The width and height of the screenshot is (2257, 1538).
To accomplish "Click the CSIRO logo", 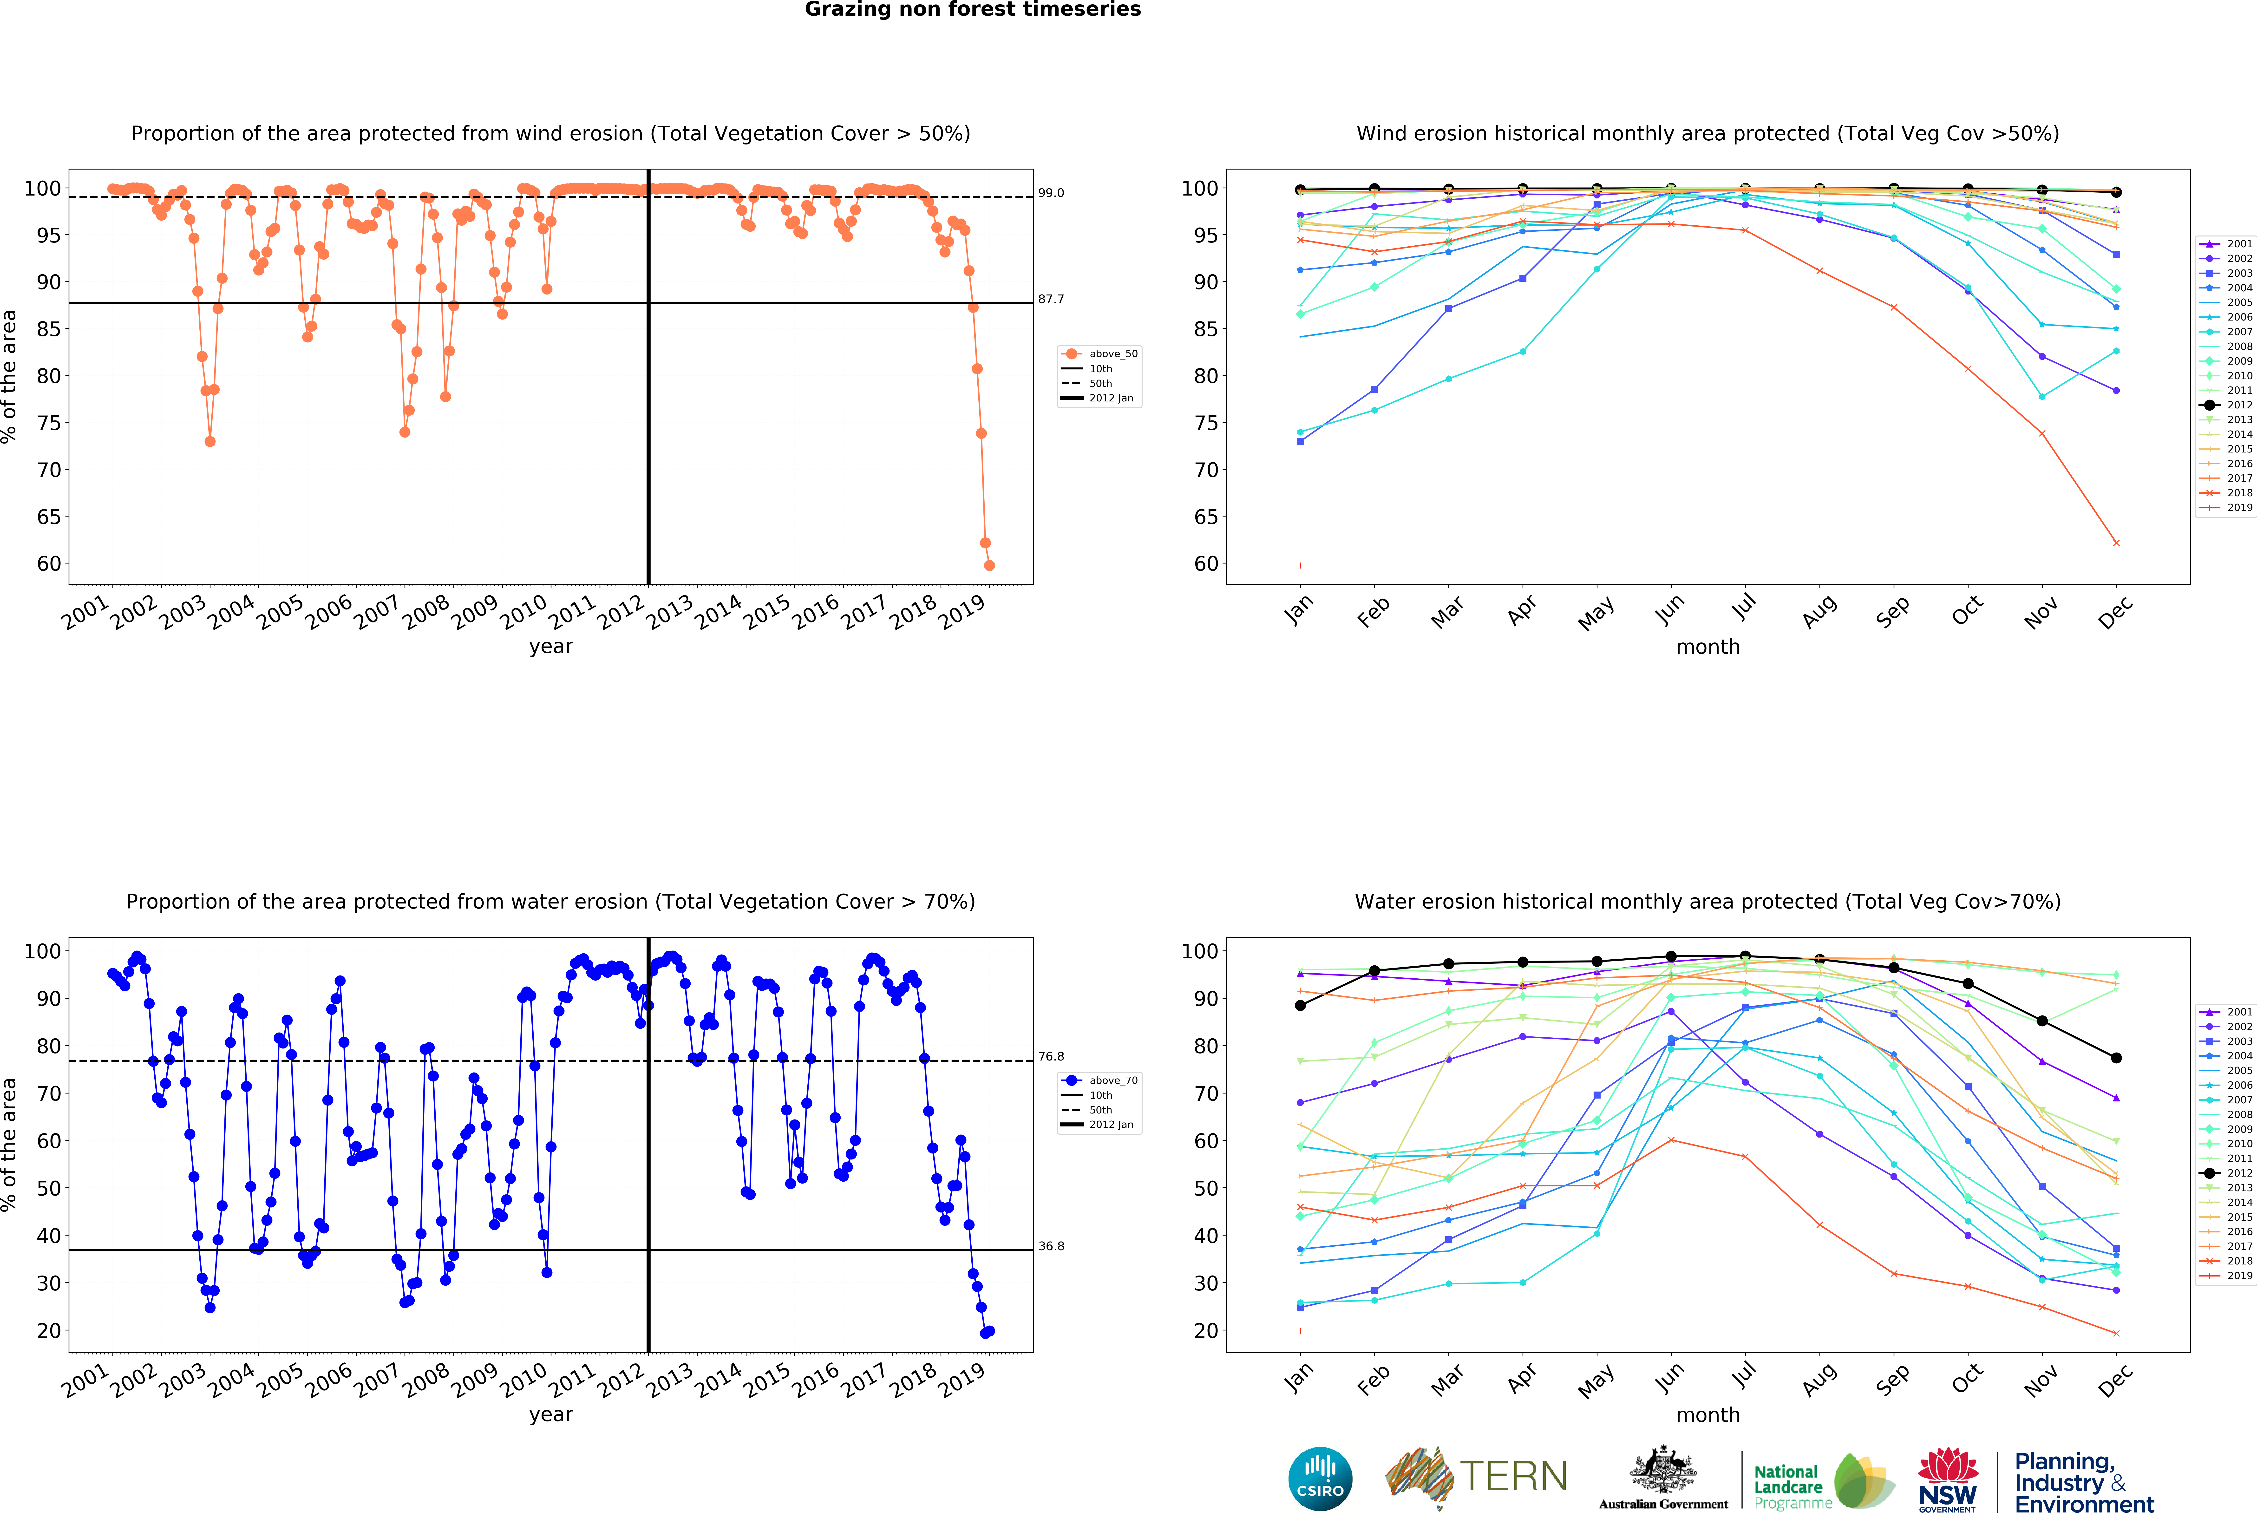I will point(1320,1479).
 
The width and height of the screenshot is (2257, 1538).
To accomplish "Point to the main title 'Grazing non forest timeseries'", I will point(972,10).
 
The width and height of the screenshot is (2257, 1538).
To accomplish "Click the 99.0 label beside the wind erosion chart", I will point(1051,193).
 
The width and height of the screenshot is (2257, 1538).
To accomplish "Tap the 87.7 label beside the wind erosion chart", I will point(1051,299).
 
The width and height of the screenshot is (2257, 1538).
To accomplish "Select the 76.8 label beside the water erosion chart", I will point(1051,1056).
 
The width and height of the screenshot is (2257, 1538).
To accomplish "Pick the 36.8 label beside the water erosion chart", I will point(1051,1246).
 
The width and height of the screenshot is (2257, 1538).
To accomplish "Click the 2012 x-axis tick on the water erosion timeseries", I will point(621,1379).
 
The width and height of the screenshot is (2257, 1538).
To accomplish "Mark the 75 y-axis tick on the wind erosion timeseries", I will point(49,423).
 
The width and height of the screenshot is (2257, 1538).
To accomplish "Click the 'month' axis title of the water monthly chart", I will point(1707,1415).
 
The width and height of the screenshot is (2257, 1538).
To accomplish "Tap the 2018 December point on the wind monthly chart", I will point(2116,543).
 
